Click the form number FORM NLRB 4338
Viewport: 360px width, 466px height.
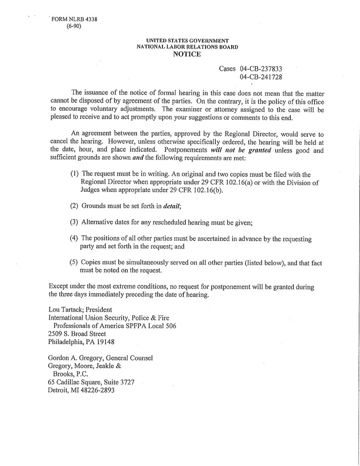tap(73, 19)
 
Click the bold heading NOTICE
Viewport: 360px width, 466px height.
tap(187, 54)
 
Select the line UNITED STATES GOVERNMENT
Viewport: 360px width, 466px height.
tap(187, 41)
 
